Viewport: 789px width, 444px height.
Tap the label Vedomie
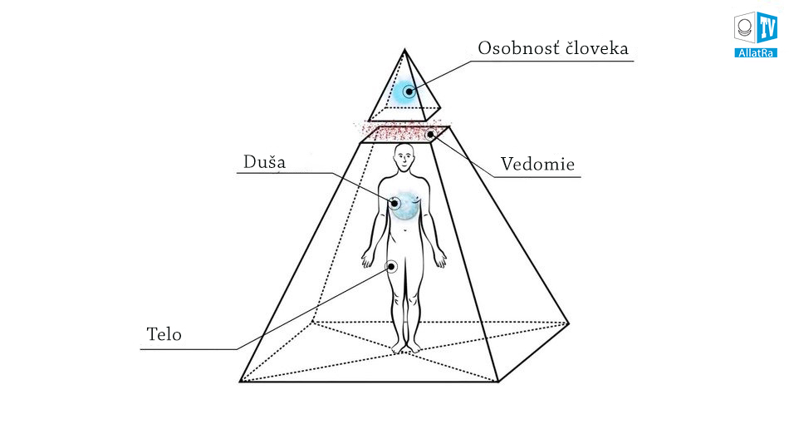coord(537,165)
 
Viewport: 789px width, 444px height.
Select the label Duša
coord(264,161)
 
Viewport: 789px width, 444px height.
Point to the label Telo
coord(164,335)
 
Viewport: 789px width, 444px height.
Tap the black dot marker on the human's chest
coord(396,202)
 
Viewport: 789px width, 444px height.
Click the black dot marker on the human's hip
coord(391,267)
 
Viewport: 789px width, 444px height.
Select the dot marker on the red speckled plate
coord(430,133)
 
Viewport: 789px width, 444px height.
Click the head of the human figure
coord(404,158)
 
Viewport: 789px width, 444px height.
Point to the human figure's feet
coord(406,345)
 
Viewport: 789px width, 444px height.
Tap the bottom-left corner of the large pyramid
coord(241,382)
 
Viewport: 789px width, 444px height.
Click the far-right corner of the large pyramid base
coord(569,322)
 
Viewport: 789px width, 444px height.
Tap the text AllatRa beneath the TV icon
coord(754,52)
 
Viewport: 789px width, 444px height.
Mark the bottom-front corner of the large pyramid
coord(498,382)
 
